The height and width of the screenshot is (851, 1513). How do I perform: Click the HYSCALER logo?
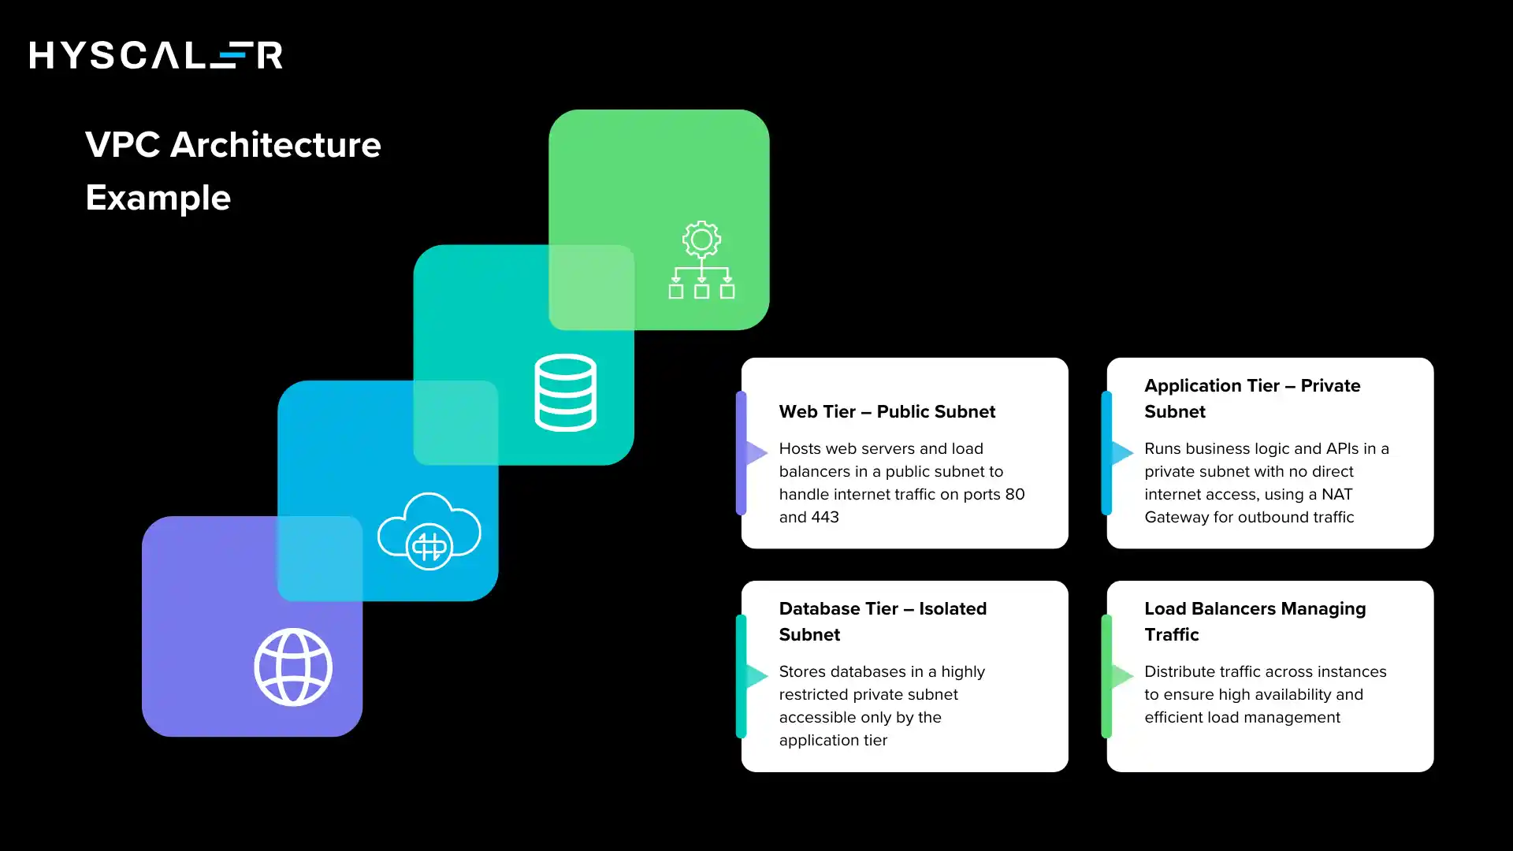tap(156, 55)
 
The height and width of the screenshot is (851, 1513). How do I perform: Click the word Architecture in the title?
tap(276, 145)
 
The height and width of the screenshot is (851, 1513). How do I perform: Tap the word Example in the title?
tap(158, 198)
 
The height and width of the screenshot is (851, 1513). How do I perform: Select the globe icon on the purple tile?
tap(293, 667)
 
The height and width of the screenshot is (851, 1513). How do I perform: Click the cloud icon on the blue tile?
tap(429, 530)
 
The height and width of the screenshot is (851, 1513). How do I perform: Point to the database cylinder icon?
tap(565, 392)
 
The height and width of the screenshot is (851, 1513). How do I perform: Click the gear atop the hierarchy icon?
tap(701, 239)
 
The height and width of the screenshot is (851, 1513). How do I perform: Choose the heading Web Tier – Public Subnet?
tap(887, 411)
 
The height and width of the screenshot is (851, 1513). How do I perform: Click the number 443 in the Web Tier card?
tap(825, 517)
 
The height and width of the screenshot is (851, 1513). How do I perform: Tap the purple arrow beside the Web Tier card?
tap(756, 452)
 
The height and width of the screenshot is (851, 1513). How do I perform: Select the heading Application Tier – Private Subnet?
tap(1251, 398)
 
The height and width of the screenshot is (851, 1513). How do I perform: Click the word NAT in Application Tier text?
tap(1336, 494)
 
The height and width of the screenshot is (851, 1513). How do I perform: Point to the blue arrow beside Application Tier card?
tap(1121, 452)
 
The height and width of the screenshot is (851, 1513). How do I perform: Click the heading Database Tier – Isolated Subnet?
tap(883, 621)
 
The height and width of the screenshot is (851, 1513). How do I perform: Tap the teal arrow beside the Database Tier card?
tap(756, 675)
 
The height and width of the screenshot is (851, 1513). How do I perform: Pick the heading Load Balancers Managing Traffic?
tap(1255, 621)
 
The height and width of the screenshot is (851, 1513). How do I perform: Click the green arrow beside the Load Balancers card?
tap(1121, 675)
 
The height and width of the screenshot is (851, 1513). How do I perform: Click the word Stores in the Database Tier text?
tap(802, 671)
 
